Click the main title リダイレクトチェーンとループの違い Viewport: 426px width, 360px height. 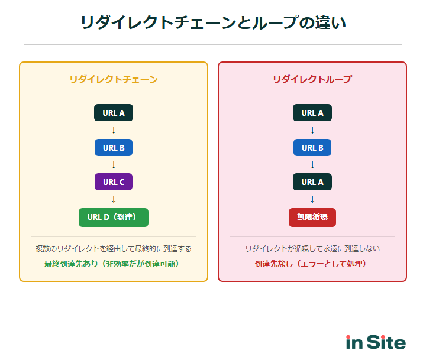213,22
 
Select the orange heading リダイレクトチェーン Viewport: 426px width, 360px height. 114,79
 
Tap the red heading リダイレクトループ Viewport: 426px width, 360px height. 312,79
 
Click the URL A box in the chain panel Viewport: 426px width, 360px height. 114,113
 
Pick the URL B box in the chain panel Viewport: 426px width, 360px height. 114,148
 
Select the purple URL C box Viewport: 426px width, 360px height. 114,182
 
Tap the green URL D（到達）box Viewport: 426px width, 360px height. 114,217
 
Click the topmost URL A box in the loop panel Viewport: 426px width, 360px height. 312,113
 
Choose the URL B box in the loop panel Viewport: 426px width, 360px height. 312,148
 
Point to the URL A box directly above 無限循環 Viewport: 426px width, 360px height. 312,182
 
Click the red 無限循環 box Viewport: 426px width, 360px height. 312,217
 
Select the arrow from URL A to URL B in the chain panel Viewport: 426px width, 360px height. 114,130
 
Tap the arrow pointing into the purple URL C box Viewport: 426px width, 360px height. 114,165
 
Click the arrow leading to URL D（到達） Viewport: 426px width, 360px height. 114,199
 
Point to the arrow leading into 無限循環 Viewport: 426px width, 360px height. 312,199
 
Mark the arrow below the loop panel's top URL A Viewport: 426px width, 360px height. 312,130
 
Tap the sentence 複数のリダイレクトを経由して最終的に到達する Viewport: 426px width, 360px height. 114,249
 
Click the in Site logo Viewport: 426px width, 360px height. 376,342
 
